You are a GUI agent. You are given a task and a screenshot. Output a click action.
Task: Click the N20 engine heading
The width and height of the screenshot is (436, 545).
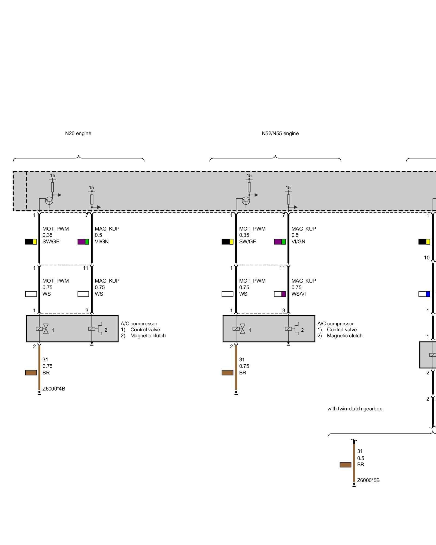[78, 134]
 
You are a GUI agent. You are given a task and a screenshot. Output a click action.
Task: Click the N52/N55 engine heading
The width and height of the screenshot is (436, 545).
[280, 134]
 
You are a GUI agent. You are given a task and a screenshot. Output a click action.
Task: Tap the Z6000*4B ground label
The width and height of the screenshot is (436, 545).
[54, 389]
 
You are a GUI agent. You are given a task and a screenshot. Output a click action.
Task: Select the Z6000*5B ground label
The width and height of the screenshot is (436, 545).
[368, 480]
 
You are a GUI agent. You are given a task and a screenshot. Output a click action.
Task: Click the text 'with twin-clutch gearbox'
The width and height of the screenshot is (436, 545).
[355, 409]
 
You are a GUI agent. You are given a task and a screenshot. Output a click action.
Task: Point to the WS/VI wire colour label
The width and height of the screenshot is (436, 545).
[298, 294]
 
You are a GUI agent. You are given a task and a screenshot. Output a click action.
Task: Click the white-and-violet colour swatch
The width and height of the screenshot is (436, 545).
[280, 294]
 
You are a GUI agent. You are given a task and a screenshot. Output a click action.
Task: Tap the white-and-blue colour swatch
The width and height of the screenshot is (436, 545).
[424, 294]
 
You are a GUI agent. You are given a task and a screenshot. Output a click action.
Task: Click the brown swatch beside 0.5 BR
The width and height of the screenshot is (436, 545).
[346, 465]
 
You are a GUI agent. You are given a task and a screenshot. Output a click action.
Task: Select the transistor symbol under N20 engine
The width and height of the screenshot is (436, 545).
[49, 201]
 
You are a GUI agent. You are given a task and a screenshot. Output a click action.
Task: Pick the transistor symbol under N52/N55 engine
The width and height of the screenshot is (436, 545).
[246, 201]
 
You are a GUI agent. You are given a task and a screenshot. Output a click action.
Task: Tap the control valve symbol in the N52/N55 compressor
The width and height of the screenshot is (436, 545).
[239, 329]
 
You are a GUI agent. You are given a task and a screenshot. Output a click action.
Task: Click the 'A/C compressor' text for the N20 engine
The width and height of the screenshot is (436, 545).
[139, 324]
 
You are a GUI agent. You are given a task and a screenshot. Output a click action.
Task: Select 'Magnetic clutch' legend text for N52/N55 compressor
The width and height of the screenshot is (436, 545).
[345, 336]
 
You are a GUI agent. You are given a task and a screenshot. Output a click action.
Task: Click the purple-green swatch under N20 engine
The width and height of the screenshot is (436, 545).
[83, 242]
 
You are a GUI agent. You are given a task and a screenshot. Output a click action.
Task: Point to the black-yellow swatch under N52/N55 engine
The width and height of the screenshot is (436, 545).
[228, 242]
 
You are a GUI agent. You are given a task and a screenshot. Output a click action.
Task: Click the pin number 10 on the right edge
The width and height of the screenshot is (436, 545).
[427, 258]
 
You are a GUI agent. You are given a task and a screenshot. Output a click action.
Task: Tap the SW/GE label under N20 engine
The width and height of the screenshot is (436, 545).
[51, 242]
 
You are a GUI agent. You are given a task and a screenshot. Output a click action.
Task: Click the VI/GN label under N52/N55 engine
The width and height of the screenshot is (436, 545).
[298, 242]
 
